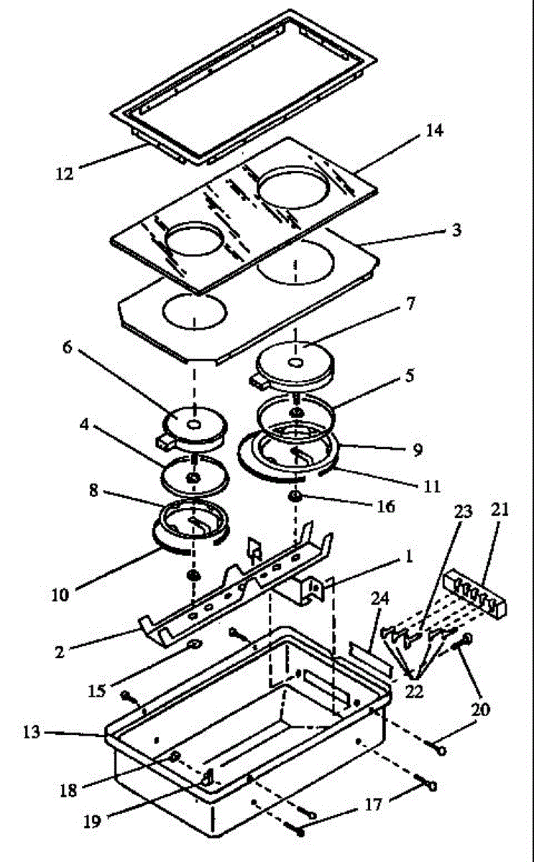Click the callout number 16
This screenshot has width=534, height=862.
[385, 506]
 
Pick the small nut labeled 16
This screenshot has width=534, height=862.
[295, 497]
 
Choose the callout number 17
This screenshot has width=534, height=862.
[370, 805]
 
